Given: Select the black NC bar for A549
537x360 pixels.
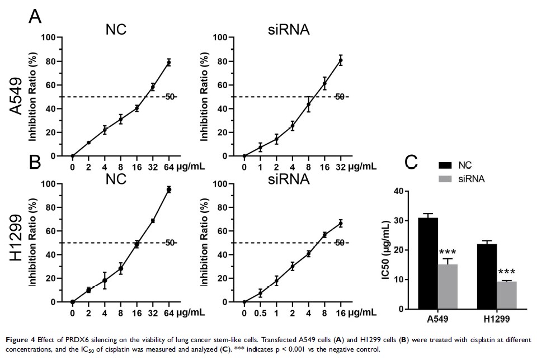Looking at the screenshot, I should pyautogui.click(x=428, y=263).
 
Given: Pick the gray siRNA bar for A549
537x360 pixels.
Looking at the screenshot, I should pyautogui.click(x=447, y=286).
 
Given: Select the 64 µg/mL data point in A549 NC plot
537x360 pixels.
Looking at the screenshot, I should pyautogui.click(x=168, y=62).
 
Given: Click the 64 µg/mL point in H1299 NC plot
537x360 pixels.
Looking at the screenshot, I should pyautogui.click(x=168, y=190).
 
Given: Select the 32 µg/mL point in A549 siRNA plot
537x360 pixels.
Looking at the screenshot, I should pyautogui.click(x=340, y=60).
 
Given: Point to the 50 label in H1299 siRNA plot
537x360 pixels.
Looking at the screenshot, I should pyautogui.click(x=338, y=243).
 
